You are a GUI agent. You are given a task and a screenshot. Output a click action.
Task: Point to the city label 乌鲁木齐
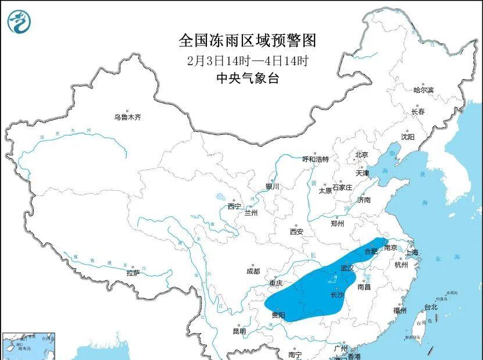pos(127,117)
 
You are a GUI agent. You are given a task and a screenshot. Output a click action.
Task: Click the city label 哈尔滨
pos(423,90)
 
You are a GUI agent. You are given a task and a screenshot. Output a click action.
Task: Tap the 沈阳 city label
pos(407,137)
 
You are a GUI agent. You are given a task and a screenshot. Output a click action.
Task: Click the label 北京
pos(362,155)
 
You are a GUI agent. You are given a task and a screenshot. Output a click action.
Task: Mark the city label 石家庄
pos(342,187)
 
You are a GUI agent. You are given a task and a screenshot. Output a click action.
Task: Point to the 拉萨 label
pos(133,273)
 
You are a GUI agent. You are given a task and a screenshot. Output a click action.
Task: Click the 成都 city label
pos(253,271)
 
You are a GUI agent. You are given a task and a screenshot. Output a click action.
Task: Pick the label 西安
pos(296,231)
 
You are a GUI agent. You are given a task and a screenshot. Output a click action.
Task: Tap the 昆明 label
pos(239,332)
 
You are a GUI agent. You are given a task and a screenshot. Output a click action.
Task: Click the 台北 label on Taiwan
pos(430,307)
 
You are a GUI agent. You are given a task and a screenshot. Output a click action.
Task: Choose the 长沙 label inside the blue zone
pos(337,295)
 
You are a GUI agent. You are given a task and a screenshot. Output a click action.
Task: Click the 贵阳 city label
pos(278,315)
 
